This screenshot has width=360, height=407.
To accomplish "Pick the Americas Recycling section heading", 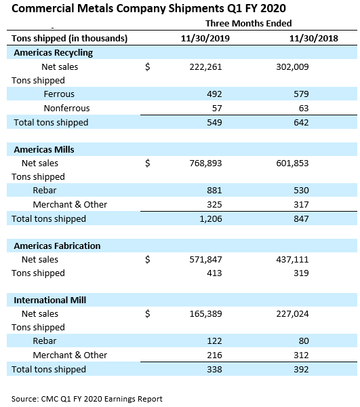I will pyautogui.click(x=53, y=52).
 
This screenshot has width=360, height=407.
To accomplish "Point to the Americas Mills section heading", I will pyautogui.click(x=44, y=149).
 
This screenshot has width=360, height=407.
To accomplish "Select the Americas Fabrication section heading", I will pyautogui.click(x=56, y=246).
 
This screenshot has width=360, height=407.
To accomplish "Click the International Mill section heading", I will pyautogui.click(x=49, y=300).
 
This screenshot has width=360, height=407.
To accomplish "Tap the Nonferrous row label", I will pyautogui.click(x=66, y=108).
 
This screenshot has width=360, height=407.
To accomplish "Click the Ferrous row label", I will pyautogui.click(x=59, y=94).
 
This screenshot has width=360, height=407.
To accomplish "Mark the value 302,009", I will pyautogui.click(x=293, y=66).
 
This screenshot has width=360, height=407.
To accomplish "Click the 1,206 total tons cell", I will pyautogui.click(x=209, y=218).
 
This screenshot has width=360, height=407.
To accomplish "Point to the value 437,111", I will pyautogui.click(x=293, y=259).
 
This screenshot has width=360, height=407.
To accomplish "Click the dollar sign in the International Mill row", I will pyautogui.click(x=148, y=313).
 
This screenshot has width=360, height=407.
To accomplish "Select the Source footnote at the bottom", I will pyautogui.click(x=87, y=398).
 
